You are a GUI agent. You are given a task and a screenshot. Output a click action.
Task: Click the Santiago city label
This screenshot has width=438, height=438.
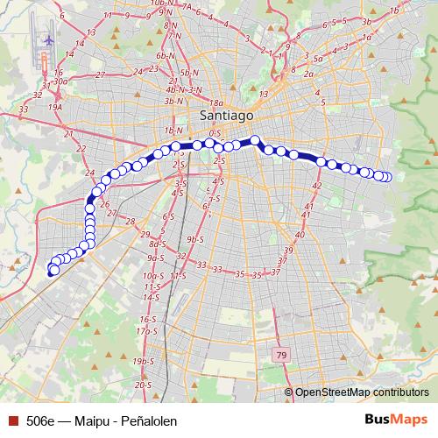pos(225,115)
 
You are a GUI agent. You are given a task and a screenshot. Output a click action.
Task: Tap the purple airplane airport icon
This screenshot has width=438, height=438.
pos(46,40)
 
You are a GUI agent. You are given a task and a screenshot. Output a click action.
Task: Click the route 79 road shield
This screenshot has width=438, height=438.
pos(280,355)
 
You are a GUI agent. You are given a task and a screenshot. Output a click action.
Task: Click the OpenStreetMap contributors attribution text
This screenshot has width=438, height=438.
pos(362,392)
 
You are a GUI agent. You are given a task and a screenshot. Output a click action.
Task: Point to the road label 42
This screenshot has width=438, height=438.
pos(317,187)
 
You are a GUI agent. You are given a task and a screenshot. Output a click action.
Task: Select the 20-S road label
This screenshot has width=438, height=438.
pos(145,385)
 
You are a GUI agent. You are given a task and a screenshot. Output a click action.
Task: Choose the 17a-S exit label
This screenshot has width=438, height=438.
pos(145,331)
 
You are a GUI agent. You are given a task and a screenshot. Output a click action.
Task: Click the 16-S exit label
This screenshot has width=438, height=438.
pos(145,321)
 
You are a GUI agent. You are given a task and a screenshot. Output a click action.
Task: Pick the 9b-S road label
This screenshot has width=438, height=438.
pos(194,239)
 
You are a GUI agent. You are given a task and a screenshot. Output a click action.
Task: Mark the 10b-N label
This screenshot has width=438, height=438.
pos(161,4)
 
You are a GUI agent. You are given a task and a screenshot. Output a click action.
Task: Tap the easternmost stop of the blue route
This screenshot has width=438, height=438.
pos(386,178)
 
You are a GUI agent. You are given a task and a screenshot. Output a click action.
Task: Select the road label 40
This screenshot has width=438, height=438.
pos(300,235)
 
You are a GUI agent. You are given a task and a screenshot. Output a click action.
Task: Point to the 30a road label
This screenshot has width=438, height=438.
pos(60,81)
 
